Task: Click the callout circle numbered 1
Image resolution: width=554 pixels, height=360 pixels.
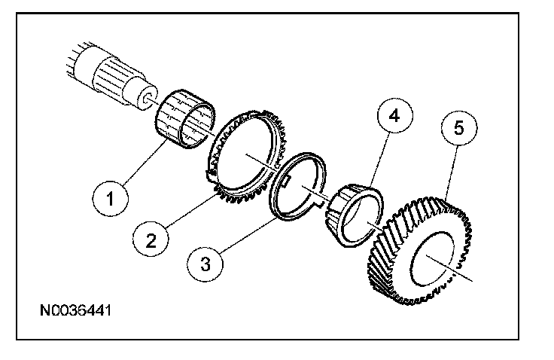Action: pyautogui.click(x=110, y=198)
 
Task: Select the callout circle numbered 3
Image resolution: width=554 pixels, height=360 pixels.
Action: pyautogui.click(x=205, y=264)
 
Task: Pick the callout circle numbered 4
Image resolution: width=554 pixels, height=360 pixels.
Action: pyautogui.click(x=394, y=116)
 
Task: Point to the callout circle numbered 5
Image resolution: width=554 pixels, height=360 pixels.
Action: pyautogui.click(x=458, y=128)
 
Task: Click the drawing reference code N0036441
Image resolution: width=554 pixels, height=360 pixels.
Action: pyautogui.click(x=76, y=310)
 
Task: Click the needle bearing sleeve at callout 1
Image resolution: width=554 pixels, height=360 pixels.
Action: pyautogui.click(x=184, y=119)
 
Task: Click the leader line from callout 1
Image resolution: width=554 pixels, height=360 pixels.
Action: pyautogui.click(x=145, y=162)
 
